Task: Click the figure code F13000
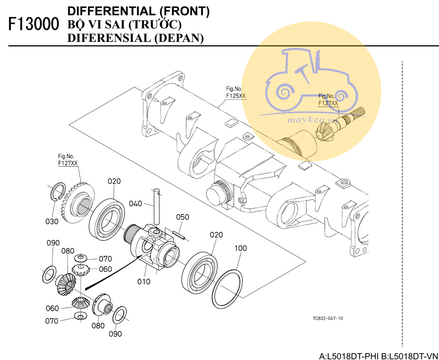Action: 34,24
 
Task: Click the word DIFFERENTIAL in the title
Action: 111,11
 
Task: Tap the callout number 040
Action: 136,204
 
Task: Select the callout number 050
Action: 182,217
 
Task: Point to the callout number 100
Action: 241,249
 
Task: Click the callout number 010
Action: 144,282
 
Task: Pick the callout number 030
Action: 52,222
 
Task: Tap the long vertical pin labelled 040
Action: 157,206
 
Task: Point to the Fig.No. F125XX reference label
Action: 236,92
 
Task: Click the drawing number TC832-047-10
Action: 328,318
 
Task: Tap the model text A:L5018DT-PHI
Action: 349,356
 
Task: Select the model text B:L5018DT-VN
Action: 410,356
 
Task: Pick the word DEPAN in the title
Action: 181,38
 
